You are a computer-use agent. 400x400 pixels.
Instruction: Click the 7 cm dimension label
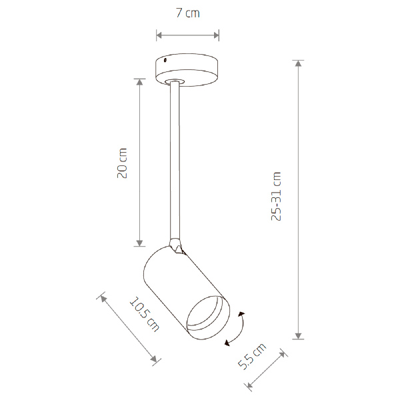point(188,13)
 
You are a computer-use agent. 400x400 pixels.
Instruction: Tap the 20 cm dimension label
point(122,163)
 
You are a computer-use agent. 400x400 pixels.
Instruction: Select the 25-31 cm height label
point(276,196)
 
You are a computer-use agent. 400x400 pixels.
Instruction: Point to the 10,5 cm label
point(145,314)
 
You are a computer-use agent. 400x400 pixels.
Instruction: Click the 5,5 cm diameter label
point(252,356)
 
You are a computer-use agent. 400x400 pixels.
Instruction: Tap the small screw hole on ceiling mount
point(165,60)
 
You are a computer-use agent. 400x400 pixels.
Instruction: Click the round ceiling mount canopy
point(187,69)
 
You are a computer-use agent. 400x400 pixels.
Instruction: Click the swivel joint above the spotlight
point(176,245)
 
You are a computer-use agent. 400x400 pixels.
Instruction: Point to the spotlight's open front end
point(208,317)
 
